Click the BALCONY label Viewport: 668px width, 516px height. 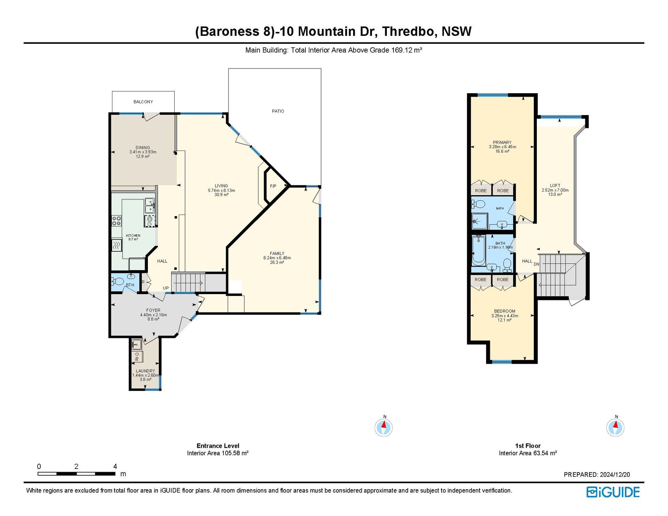[x=143, y=102]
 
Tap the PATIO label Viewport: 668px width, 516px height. [x=278, y=111]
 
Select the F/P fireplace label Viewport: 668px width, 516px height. [x=273, y=186]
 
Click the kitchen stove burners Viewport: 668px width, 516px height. [x=116, y=220]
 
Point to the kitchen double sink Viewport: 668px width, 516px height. [x=150, y=205]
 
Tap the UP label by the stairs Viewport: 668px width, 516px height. [x=166, y=288]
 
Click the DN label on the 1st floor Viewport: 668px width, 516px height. [x=536, y=264]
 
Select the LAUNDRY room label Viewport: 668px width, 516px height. [x=145, y=371]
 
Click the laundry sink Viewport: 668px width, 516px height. [x=136, y=344]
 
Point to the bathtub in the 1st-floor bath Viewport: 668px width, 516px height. [x=479, y=250]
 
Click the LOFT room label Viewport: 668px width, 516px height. [x=555, y=186]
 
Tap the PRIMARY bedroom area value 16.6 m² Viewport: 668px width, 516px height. [x=502, y=151]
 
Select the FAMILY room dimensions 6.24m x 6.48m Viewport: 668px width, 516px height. [x=277, y=258]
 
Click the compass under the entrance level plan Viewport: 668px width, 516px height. [x=384, y=427]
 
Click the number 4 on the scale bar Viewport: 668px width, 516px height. [x=115, y=466]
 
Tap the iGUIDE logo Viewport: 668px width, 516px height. [x=613, y=492]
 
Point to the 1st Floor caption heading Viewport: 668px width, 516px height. [x=528, y=446]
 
